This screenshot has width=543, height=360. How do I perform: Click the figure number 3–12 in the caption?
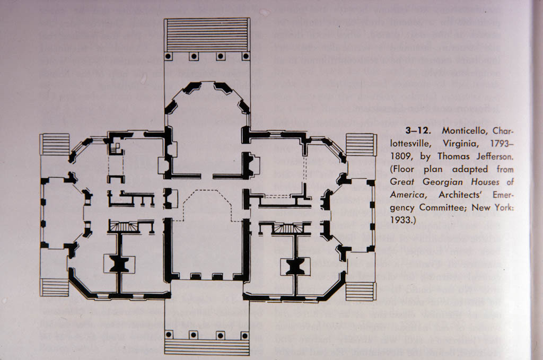(418, 131)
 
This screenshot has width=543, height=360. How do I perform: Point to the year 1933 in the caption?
(402, 220)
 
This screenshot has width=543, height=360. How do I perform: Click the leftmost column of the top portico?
(169, 56)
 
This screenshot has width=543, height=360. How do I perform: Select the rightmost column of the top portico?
(246, 56)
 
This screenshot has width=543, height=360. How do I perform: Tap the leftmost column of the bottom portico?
(169, 335)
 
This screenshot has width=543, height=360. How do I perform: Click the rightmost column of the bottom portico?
(245, 335)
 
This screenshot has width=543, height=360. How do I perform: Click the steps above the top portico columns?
(207, 35)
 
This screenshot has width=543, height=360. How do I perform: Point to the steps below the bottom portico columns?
(207, 347)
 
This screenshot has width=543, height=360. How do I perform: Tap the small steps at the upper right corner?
(361, 145)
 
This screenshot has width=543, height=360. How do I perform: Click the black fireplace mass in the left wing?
(119, 265)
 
